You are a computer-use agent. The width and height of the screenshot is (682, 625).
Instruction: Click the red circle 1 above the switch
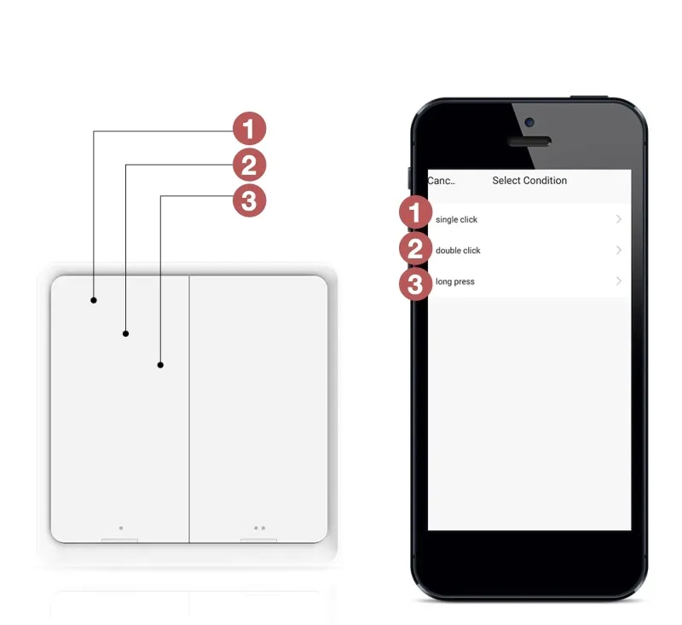(249, 129)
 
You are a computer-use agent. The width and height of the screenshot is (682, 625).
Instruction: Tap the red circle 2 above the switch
(249, 165)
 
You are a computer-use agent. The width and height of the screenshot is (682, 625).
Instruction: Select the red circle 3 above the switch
(249, 200)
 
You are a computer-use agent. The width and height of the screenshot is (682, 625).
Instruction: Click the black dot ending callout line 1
(94, 300)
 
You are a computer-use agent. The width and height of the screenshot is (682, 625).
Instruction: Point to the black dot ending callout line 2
(125, 333)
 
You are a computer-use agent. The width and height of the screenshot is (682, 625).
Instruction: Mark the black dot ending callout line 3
(160, 365)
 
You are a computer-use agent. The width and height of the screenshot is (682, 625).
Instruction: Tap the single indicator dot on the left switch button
(121, 528)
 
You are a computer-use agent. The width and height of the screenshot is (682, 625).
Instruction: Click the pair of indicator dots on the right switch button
(260, 528)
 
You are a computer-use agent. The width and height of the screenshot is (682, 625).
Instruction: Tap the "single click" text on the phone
(456, 220)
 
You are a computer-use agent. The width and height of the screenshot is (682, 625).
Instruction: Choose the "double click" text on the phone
(458, 251)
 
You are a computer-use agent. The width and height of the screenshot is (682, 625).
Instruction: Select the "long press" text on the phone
(455, 282)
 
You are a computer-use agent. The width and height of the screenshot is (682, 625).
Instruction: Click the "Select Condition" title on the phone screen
(529, 181)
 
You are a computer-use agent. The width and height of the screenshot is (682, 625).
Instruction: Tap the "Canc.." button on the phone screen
(442, 181)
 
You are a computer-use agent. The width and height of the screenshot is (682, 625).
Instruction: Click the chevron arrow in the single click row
(619, 219)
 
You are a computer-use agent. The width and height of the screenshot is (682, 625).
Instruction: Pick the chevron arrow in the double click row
(619, 250)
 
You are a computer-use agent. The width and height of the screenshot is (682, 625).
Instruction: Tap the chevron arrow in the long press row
(619, 281)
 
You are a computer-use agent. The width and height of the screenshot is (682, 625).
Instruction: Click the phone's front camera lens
(529, 122)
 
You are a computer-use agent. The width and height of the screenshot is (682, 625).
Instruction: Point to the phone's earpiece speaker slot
(529, 142)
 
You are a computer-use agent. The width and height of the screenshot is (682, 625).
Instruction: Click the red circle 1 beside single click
(415, 212)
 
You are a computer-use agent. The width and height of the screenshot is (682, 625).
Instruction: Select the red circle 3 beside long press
(415, 285)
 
